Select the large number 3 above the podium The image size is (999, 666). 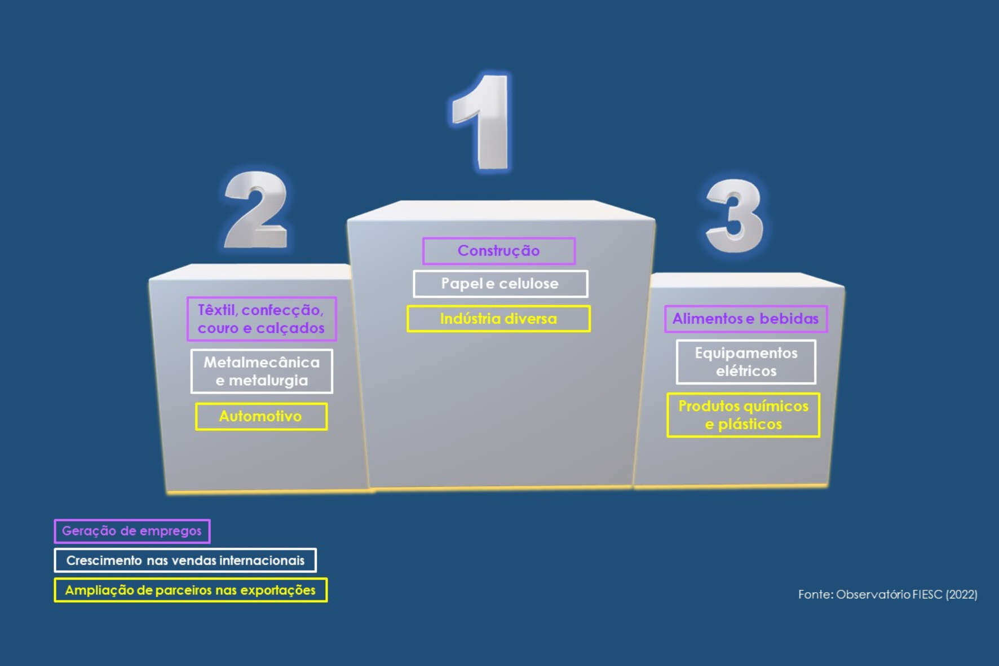(735, 216)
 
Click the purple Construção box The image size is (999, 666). (499, 251)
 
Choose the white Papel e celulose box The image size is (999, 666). (500, 284)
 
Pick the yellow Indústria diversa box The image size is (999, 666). (498, 319)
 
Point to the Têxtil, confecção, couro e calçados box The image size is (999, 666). (262, 319)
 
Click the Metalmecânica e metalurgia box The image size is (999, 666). (262, 371)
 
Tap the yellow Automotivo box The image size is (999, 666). (261, 417)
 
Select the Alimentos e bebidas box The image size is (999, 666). (746, 319)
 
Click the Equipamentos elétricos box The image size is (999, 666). (746, 362)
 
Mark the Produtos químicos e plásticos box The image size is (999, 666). (743, 415)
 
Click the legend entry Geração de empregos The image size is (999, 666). (132, 531)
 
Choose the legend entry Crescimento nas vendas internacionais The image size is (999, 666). (185, 561)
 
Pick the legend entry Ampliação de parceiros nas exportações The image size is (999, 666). (191, 590)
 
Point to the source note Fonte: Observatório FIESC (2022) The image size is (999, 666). (888, 594)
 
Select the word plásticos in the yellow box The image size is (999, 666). (750, 424)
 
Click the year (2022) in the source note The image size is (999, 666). (962, 594)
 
